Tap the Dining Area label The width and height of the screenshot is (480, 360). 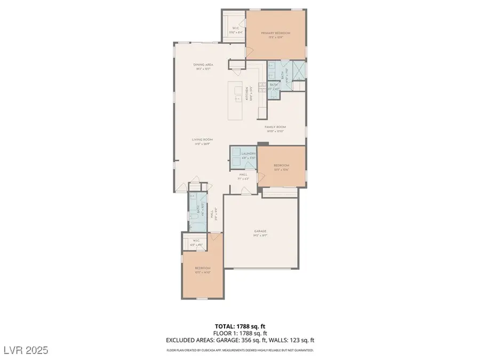click(x=203, y=65)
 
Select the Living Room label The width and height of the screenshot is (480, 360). click(x=203, y=140)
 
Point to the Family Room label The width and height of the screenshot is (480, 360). click(x=276, y=127)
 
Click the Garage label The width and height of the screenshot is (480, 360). click(x=260, y=231)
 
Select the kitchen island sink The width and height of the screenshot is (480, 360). click(x=235, y=98)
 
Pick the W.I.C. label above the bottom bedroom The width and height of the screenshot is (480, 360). click(x=196, y=241)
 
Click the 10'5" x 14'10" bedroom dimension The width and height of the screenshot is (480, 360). click(x=203, y=272)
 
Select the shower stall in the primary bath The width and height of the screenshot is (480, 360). click(x=299, y=70)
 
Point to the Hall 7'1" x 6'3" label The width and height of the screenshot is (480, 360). click(x=243, y=176)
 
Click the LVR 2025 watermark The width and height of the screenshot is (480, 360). click(x=25, y=350)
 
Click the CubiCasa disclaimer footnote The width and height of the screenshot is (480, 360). click(x=239, y=350)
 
